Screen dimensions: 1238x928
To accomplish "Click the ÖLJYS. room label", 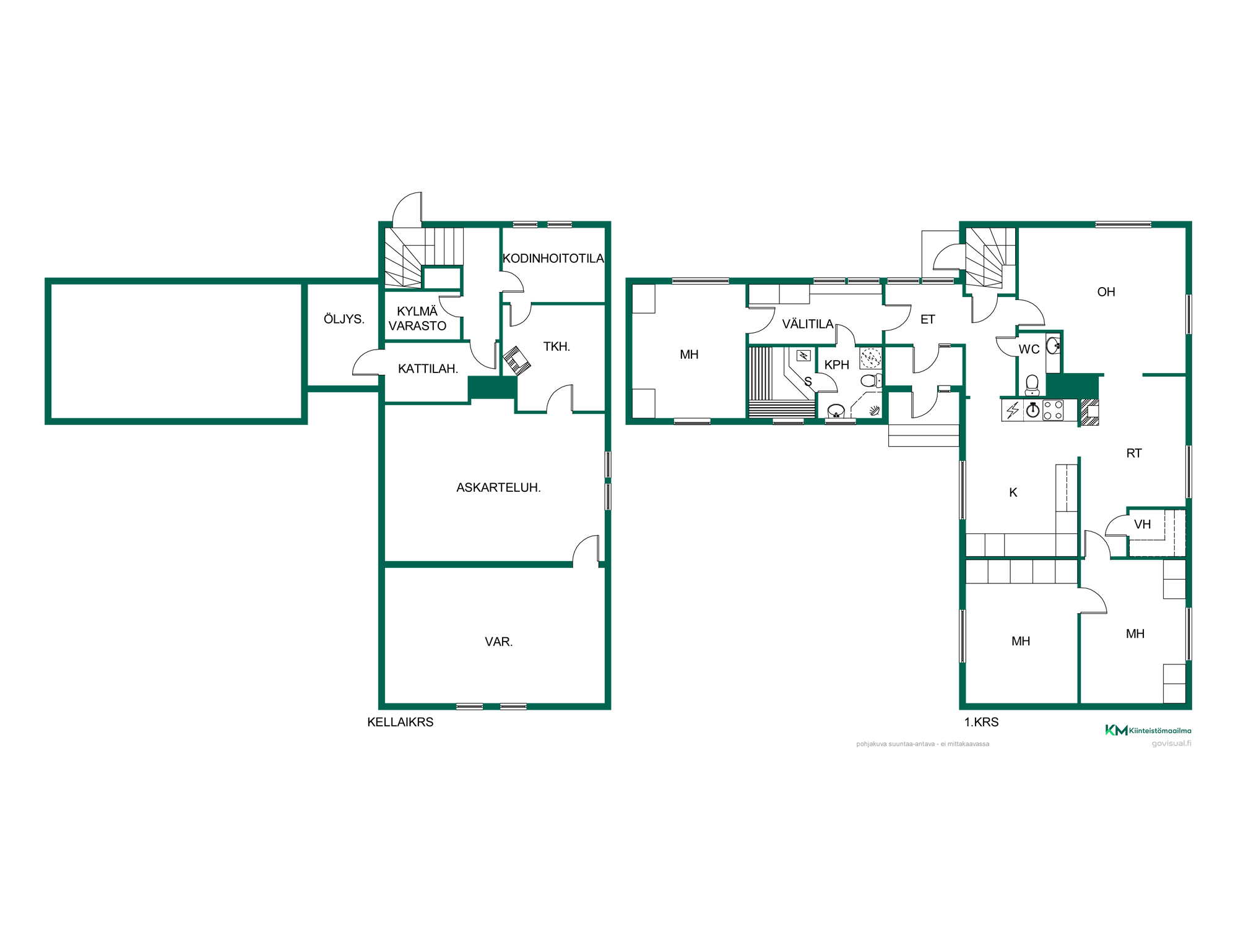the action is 344,319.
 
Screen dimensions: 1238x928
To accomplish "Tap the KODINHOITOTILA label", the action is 553,259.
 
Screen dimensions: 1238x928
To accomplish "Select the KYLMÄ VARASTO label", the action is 417,319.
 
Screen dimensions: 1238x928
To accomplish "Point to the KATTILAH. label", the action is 428,369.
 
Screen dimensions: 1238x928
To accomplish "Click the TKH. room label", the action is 556,347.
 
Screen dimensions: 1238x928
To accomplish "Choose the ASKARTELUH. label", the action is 498,488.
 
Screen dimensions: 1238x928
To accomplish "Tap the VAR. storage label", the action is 499,642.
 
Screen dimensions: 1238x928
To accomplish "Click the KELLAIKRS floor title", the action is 400,723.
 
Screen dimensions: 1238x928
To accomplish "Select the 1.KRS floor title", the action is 982,723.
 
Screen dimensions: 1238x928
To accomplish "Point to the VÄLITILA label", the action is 808,324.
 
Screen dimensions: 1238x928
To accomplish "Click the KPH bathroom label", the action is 837,365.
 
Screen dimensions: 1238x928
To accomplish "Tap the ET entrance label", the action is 927,320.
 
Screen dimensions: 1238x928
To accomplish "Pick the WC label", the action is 1029,350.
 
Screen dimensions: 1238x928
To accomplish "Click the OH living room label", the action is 1106,292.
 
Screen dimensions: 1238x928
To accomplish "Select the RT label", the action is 1134,453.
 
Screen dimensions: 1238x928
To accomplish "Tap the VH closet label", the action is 1143,525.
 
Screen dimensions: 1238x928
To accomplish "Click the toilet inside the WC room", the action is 1032,385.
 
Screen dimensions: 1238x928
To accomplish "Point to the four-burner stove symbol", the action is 1053,410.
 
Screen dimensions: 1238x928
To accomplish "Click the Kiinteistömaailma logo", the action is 1148,731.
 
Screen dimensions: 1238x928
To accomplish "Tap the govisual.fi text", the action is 1171,744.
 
